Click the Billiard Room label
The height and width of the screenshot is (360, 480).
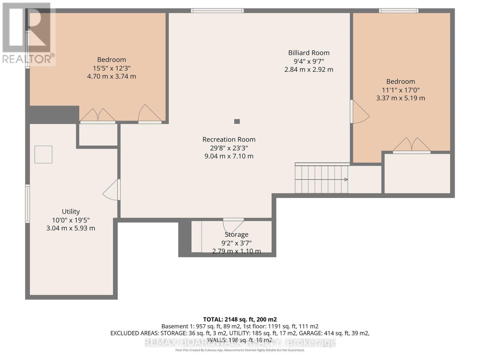[x=309, y=53]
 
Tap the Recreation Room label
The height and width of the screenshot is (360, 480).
[x=229, y=139]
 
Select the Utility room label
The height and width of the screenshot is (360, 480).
[x=71, y=211]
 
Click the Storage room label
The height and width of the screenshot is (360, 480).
[x=236, y=235]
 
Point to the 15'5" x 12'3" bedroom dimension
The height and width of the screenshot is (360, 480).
[x=112, y=68]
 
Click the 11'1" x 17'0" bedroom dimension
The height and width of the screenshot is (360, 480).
[x=400, y=90]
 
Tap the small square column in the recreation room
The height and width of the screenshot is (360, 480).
[x=237, y=121]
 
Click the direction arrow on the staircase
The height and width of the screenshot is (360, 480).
[x=346, y=180]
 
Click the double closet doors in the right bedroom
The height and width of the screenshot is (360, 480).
[x=412, y=145]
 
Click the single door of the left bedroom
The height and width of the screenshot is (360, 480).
[x=149, y=114]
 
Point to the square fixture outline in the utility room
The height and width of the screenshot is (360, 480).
[x=43, y=154]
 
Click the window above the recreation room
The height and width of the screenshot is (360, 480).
[x=217, y=11]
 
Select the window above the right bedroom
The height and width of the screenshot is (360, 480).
[x=398, y=11]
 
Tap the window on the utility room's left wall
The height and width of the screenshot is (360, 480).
[x=27, y=204]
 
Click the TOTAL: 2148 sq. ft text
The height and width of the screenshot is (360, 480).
[x=240, y=319]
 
